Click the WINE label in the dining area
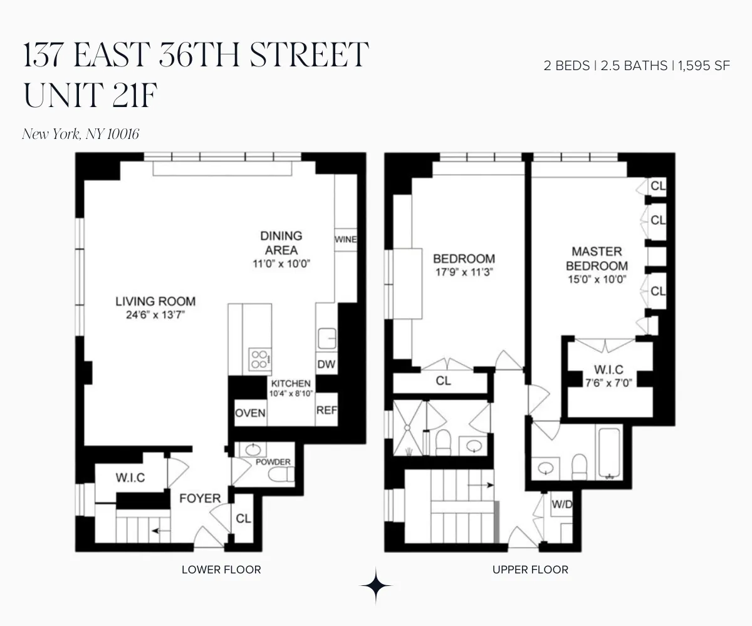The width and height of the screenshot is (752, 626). (345, 240)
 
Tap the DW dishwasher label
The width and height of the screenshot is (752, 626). (326, 364)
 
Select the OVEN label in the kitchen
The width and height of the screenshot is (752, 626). (250, 413)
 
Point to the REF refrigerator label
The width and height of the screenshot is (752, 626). (327, 411)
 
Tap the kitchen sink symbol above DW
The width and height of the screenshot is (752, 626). (326, 338)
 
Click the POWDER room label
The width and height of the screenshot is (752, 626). (273, 462)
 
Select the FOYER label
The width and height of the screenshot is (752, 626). (200, 498)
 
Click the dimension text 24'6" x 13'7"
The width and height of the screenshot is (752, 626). (155, 316)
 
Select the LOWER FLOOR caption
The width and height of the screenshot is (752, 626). (221, 570)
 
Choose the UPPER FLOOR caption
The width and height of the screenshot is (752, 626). (530, 570)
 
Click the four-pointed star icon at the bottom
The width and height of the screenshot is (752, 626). (376, 585)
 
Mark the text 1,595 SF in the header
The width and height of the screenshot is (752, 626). (704, 66)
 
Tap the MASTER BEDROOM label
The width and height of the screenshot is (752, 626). (597, 259)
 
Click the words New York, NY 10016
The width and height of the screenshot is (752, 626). (80, 133)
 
